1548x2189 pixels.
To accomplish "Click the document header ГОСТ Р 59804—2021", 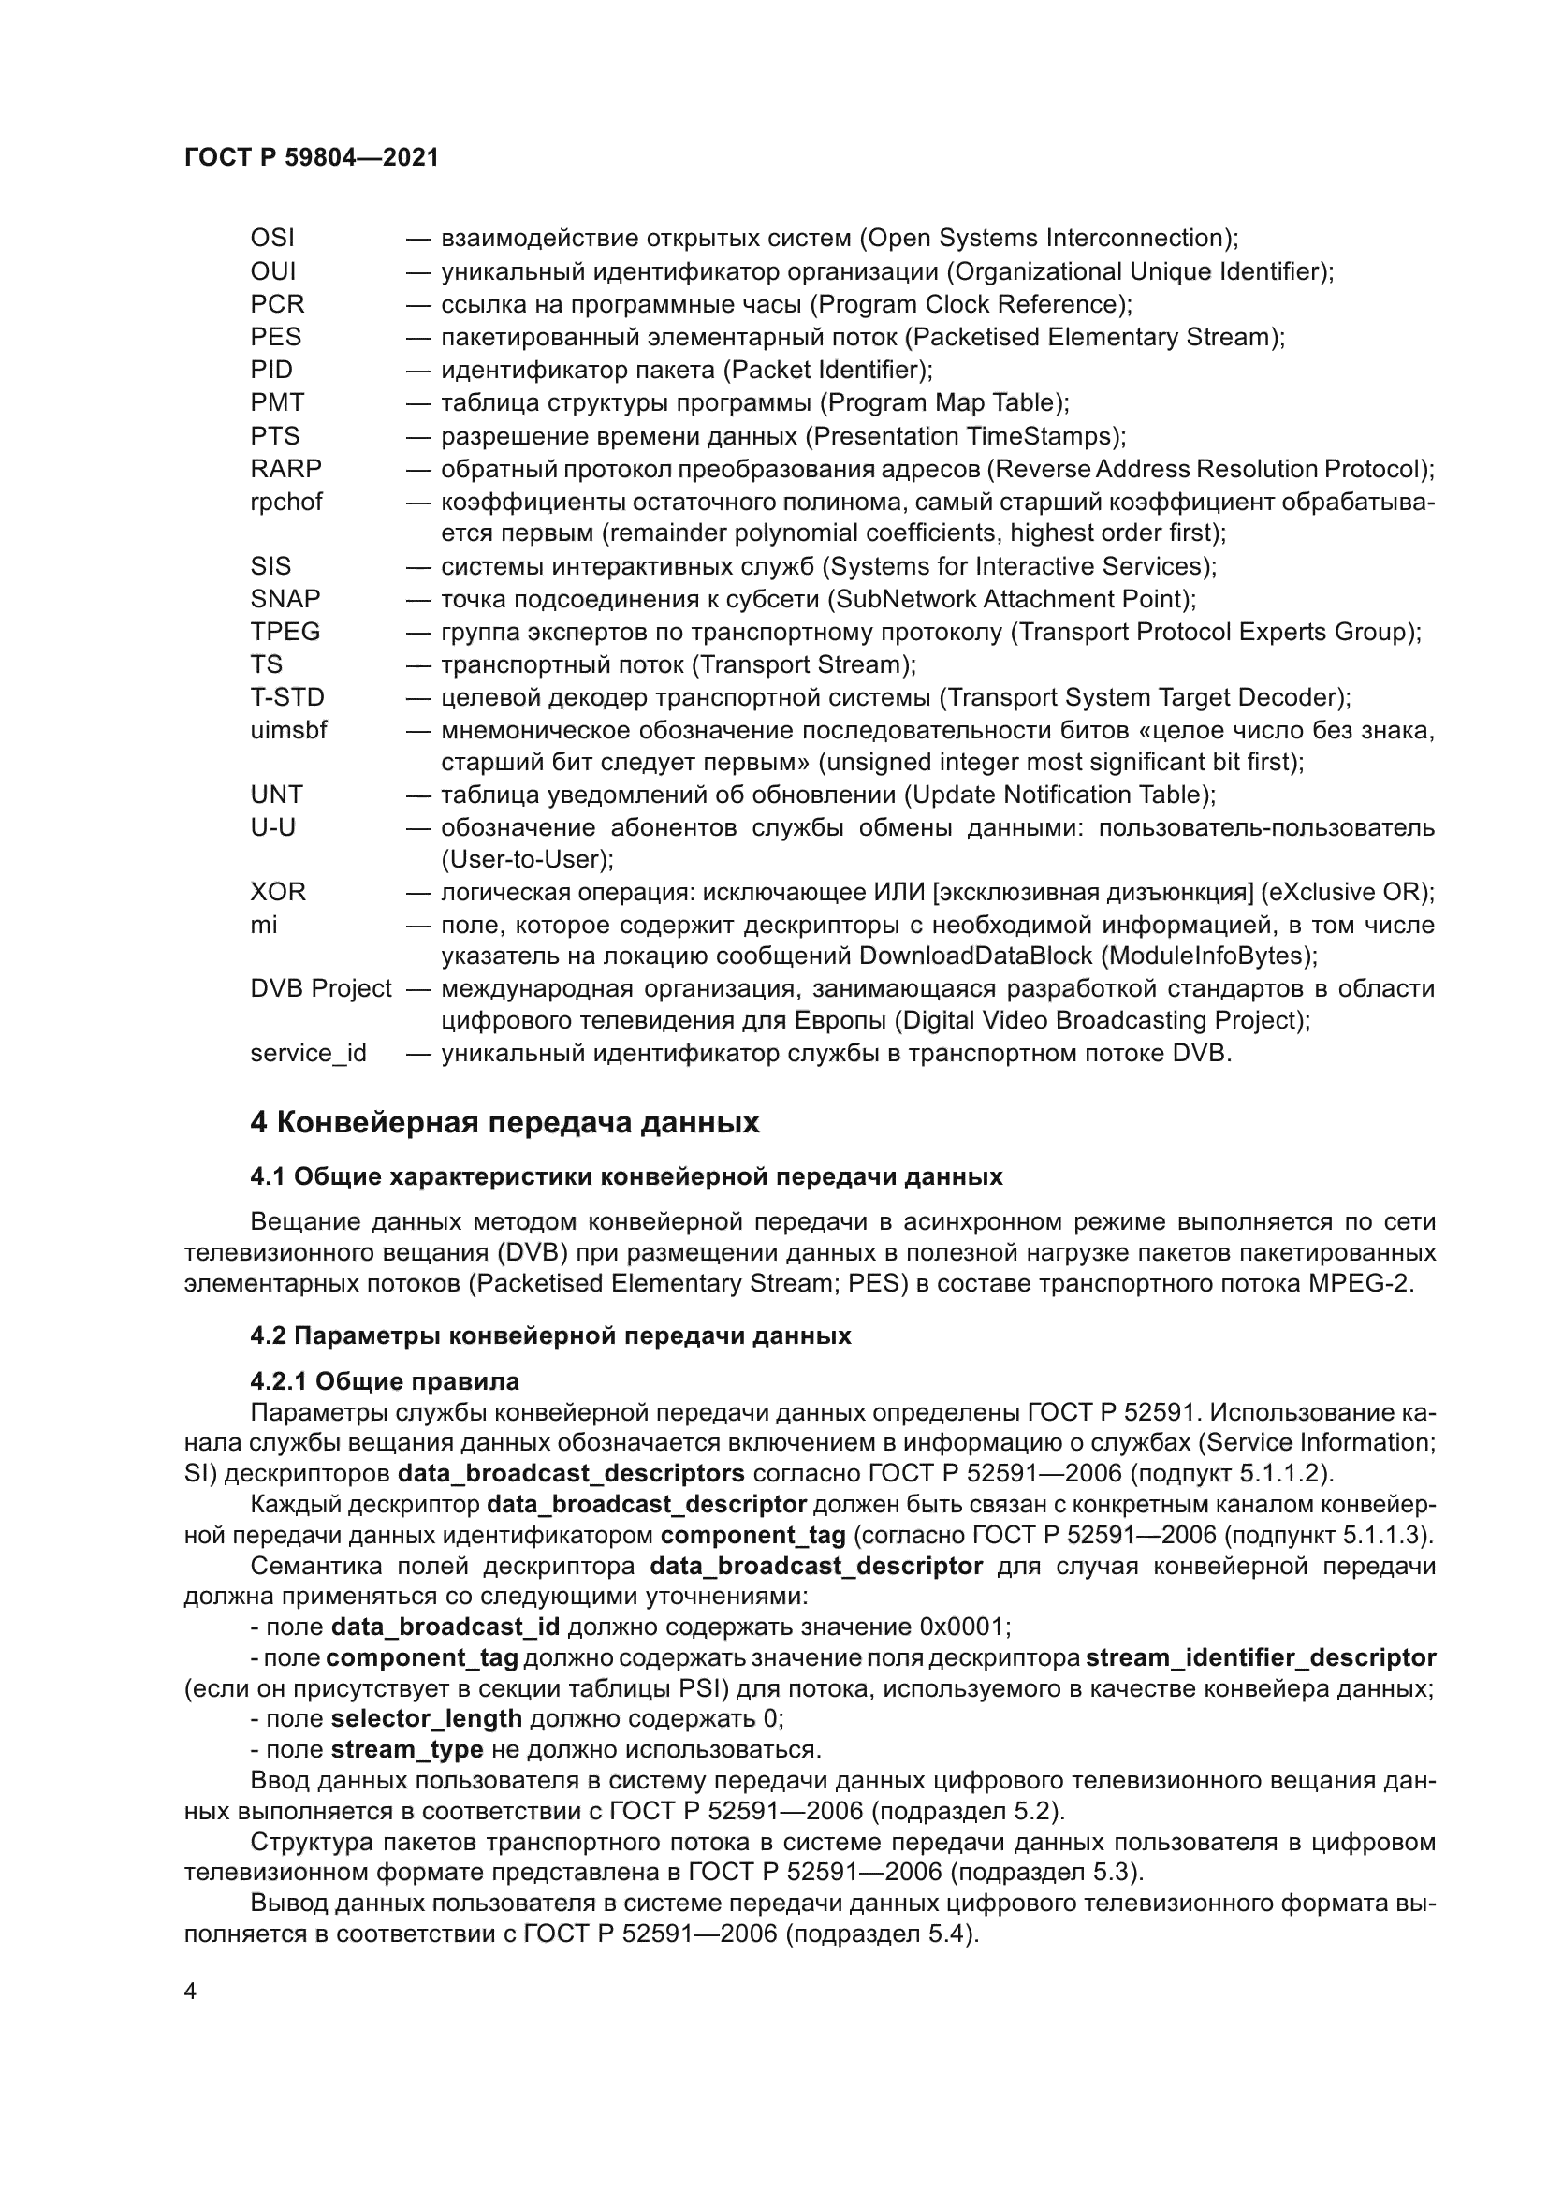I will tap(311, 158).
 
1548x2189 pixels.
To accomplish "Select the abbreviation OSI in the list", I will tap(272, 239).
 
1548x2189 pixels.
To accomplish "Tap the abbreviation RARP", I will tap(286, 469).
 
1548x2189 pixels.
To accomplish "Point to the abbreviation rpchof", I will tap(286, 503).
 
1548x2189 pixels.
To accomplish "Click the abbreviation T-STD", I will tap(287, 698).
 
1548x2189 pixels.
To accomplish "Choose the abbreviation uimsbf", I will tap(288, 731).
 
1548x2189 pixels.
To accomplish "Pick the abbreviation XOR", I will tap(277, 893).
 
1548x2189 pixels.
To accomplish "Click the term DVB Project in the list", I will tap(320, 989).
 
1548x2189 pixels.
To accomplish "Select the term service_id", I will tap(308, 1055).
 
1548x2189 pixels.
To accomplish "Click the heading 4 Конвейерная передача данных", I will tap(504, 1123).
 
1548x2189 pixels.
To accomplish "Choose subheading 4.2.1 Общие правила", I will tap(385, 1381).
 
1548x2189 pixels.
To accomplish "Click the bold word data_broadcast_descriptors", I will tap(571, 1473).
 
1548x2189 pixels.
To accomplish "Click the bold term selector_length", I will tap(426, 1719).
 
